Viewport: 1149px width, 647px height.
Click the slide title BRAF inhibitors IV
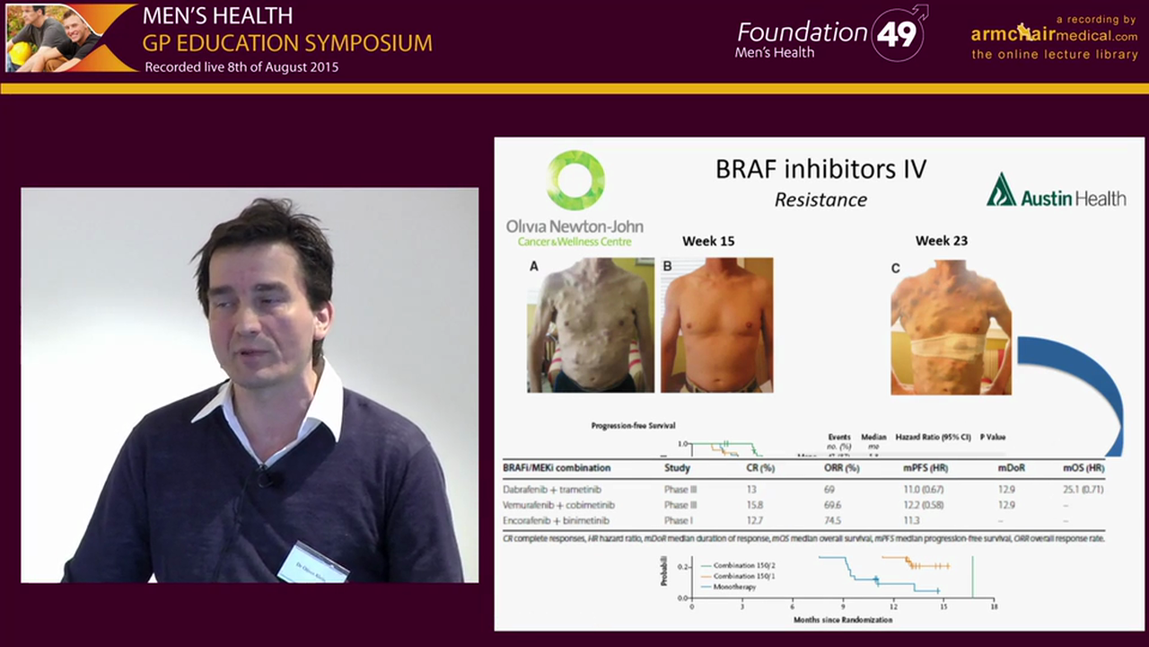tap(820, 169)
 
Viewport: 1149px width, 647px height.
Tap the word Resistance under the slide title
tap(820, 199)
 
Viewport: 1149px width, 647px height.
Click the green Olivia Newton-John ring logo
tap(575, 180)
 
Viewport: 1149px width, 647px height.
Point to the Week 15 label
tap(708, 241)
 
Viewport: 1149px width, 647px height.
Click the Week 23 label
tap(941, 241)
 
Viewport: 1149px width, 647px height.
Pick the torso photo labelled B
tap(716, 325)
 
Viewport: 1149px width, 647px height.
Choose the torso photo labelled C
tap(951, 328)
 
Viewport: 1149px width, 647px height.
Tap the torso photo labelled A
tap(591, 325)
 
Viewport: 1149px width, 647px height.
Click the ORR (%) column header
tap(841, 468)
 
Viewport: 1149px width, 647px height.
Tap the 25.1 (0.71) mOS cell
tap(1083, 490)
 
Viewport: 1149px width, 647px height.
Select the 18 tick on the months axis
tap(993, 607)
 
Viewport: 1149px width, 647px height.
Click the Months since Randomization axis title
tap(843, 620)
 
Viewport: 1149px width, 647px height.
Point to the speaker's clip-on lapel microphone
tap(266, 478)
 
